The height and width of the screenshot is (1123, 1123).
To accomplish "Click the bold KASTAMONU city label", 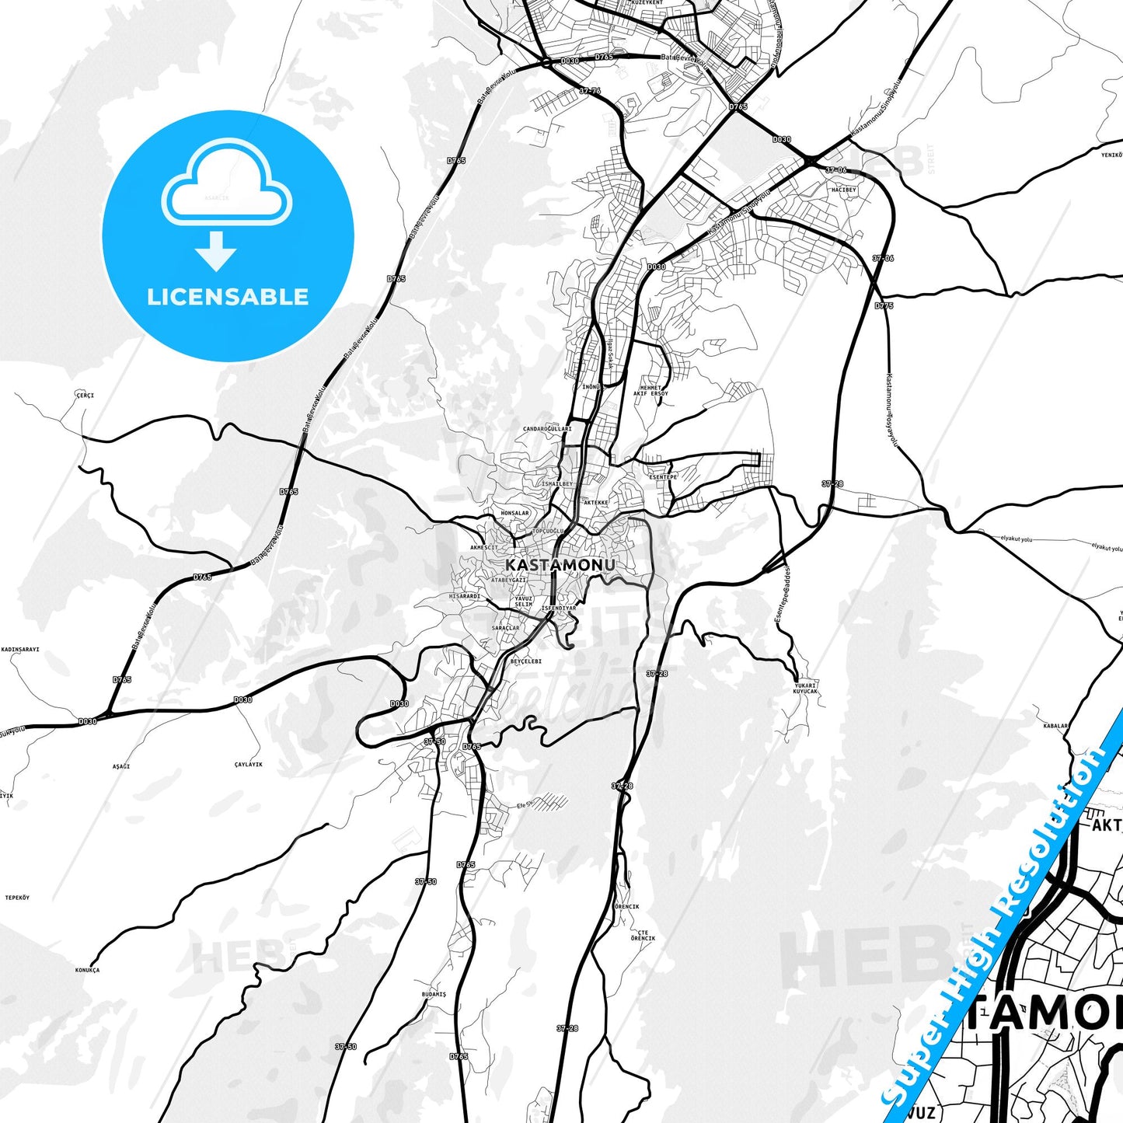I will click(560, 564).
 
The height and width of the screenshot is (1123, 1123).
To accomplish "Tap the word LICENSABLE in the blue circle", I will click(228, 297).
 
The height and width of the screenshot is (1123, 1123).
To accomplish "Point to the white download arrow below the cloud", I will click(216, 250).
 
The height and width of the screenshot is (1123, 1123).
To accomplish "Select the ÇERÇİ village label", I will click(85, 396).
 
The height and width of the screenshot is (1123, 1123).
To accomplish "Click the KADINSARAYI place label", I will click(21, 649).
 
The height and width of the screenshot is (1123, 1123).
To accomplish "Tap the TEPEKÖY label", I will click(17, 898).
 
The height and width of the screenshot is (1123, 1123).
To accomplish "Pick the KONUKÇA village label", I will click(87, 970).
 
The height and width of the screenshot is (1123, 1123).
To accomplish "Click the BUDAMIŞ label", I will click(434, 994).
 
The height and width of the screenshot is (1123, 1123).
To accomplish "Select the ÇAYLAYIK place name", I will click(249, 764).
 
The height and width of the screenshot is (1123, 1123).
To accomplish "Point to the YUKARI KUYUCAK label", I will click(805, 688).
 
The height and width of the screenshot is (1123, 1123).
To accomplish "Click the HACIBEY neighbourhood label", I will click(844, 190).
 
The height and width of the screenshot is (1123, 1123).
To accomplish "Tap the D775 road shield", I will click(884, 305).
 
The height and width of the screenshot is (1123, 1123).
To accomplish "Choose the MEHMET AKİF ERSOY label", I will click(650, 390).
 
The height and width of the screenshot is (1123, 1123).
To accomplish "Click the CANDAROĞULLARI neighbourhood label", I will click(547, 429).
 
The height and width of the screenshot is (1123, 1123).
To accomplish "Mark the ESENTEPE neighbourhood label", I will click(663, 477).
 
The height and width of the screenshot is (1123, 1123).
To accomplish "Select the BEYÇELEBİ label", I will click(526, 661).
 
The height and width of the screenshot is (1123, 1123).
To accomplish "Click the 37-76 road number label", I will click(590, 91).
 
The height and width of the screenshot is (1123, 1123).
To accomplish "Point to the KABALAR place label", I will click(1055, 726).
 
